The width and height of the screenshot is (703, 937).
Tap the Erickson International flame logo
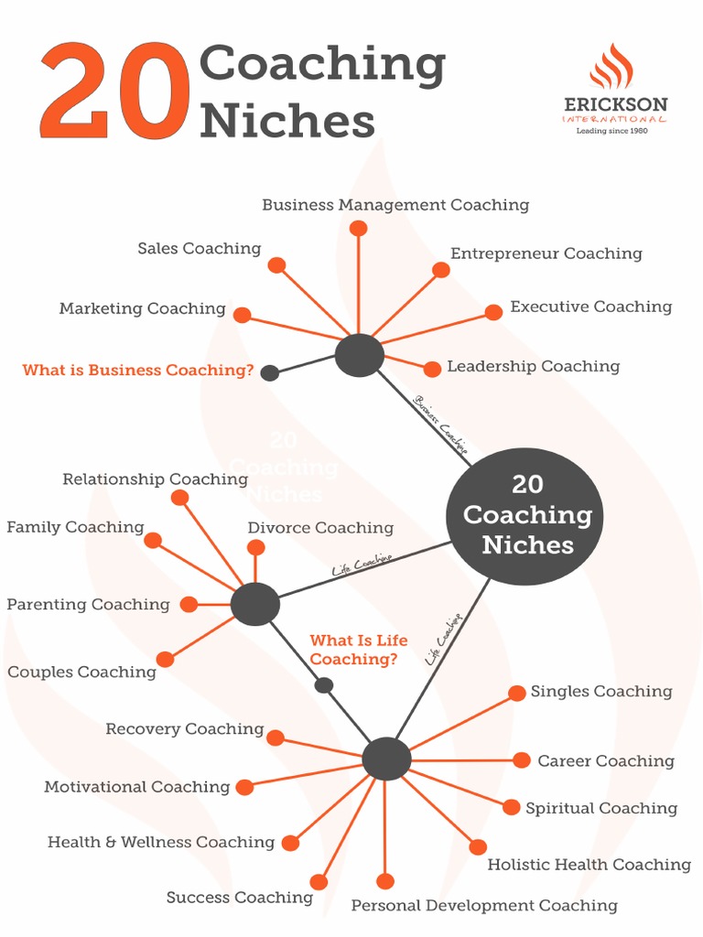pos(611,68)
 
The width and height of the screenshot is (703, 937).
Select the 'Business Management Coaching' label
pos(395,205)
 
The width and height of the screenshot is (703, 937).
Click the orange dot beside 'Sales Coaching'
pos(276,265)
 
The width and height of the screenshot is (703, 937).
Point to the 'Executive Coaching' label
pos(590,307)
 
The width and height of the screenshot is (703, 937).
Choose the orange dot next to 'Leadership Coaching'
pos(432,369)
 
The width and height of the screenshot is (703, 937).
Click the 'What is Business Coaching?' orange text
pos(138,371)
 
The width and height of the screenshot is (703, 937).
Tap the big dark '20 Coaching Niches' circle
pos(525,515)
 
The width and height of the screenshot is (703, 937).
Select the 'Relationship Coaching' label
pos(155,479)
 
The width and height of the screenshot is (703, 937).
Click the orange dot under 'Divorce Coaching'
pos(256,547)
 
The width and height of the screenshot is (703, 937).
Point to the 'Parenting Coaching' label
pos(88,605)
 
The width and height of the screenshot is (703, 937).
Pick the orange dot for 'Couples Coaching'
pos(165,659)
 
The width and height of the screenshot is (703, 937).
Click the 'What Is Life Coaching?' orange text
pos(358,650)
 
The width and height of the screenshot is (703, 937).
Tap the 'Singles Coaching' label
pos(601,692)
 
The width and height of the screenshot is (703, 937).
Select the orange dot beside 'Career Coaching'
pos(522,760)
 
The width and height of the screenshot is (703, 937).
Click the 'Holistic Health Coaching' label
pos(589,865)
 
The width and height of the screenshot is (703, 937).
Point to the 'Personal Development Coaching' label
pos(484,906)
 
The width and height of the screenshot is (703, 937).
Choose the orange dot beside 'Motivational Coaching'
pos(244,787)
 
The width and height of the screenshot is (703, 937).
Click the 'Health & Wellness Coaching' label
pos(161,843)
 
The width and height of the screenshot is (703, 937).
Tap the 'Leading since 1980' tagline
pos(611,131)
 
